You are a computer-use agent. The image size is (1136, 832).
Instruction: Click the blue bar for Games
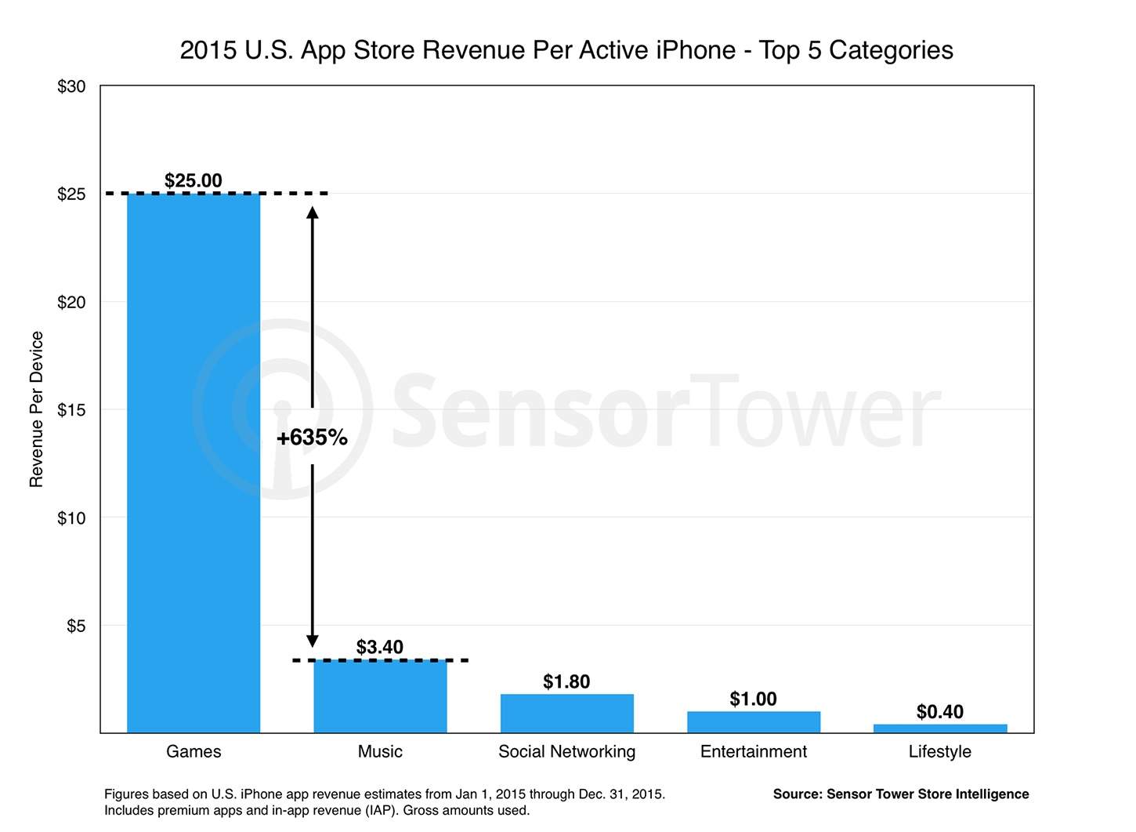tap(194, 463)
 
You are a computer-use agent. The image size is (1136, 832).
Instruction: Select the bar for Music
tap(380, 696)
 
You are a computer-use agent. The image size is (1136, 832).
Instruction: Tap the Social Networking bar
tap(566, 714)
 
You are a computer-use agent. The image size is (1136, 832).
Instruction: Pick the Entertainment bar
tap(753, 722)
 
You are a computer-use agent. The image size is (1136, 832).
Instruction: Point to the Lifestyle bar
tap(939, 728)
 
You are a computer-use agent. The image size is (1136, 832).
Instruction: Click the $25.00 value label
tap(194, 180)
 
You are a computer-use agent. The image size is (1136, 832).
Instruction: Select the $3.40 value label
tap(380, 647)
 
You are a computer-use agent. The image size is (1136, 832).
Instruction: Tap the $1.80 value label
tap(566, 681)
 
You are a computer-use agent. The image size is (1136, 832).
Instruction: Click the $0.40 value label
tap(939, 711)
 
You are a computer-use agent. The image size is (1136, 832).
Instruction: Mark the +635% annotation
tap(312, 438)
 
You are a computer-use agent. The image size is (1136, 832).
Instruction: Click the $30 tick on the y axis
tap(71, 86)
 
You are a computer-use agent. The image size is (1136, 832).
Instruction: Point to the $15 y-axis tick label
tap(71, 409)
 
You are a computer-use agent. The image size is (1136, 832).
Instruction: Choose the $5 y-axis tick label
tap(76, 626)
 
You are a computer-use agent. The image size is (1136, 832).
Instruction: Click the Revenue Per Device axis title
tap(36, 409)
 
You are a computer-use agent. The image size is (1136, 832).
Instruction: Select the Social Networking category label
tap(566, 751)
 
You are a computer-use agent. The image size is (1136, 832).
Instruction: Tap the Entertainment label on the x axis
tap(753, 751)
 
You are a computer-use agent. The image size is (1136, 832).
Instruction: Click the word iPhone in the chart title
tap(696, 50)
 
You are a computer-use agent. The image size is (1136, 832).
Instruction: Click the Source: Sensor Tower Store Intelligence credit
tap(901, 794)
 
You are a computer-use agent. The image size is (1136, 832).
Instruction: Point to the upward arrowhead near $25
tap(312, 213)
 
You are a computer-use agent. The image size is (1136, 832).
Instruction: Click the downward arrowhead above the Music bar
tap(312, 640)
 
